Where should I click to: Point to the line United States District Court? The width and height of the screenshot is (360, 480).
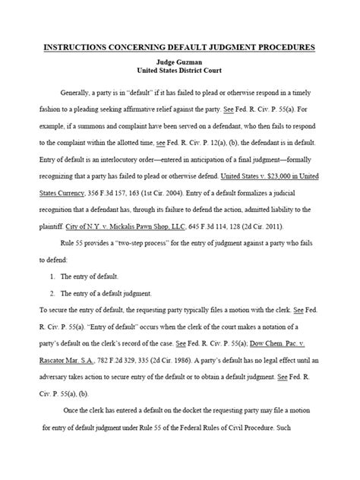180,73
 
